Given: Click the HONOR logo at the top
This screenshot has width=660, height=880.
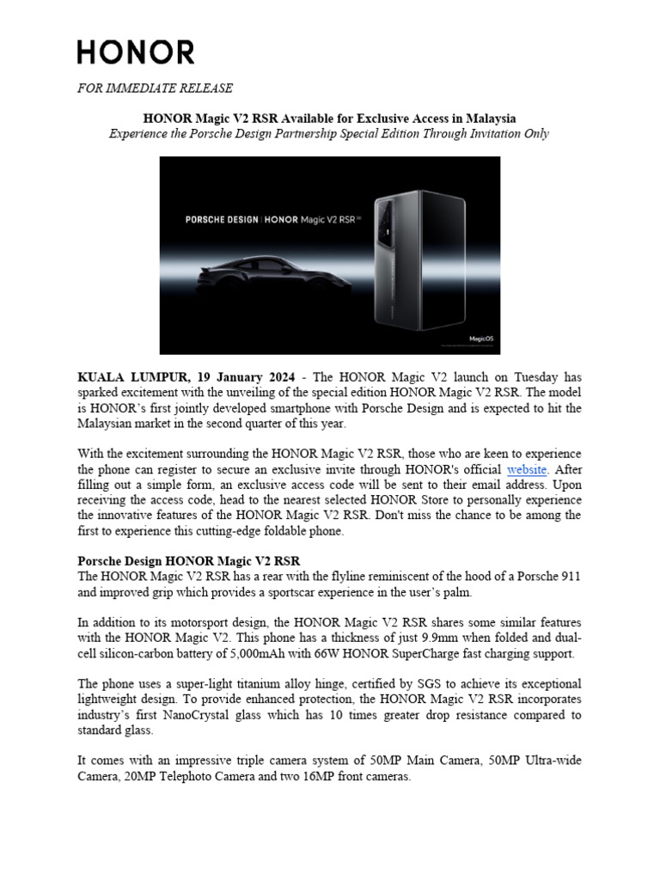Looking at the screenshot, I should tap(136, 52).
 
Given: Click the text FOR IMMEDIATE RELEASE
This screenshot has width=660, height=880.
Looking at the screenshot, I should tap(155, 89).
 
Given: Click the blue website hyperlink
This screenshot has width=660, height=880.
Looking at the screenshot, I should tap(527, 469).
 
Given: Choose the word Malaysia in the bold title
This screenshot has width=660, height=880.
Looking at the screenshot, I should tap(487, 117).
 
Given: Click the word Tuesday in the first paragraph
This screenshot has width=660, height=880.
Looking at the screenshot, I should tap(527, 377).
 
